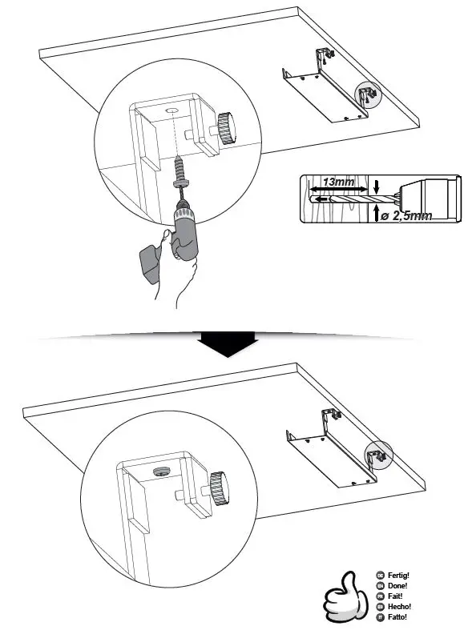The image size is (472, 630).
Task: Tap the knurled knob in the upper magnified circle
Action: point(225,127)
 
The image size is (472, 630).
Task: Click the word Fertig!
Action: point(397,575)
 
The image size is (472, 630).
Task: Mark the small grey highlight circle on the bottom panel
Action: point(377,455)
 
